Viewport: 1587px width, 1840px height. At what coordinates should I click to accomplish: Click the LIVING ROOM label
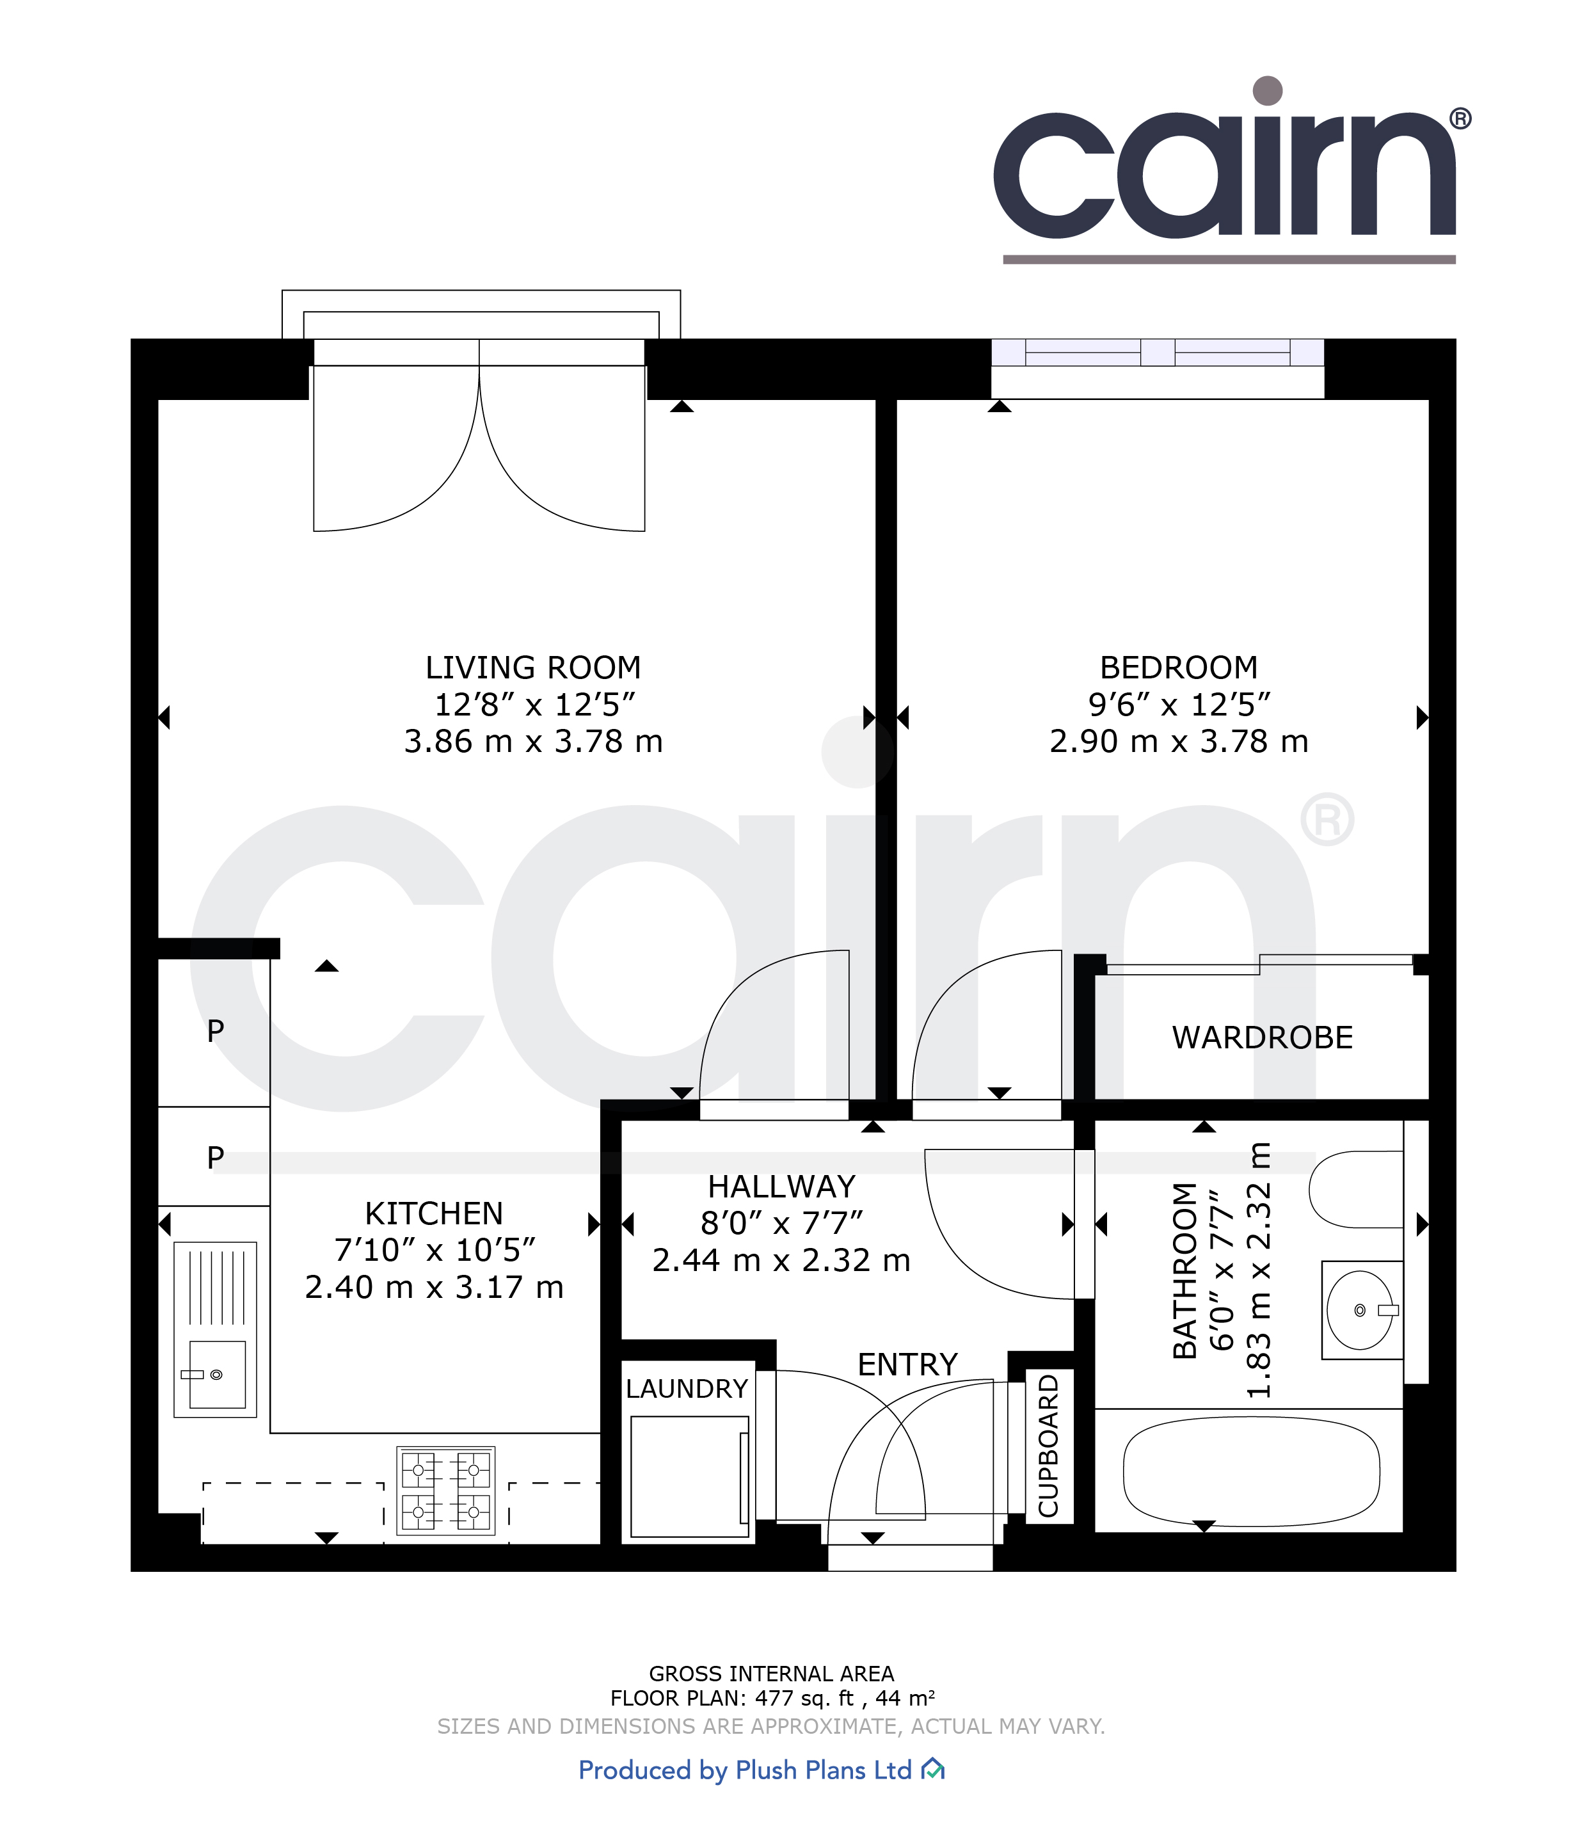coord(533,667)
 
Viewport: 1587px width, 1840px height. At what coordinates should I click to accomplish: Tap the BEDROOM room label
coord(1179,667)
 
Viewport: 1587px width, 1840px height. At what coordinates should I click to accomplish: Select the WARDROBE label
coord(1262,1037)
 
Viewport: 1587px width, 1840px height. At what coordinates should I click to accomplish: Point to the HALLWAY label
coord(781,1187)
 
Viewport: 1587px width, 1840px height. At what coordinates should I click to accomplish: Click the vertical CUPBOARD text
coord(1049,1446)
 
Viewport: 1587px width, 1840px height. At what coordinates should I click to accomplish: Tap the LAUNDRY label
coord(687,1389)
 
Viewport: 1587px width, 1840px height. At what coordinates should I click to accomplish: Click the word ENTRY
coord(907,1364)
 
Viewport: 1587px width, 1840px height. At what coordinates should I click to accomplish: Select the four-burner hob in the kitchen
coord(446,1491)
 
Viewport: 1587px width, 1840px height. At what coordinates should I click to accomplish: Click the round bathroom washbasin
coord(1360,1310)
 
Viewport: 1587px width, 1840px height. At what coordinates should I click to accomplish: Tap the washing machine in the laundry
coord(690,1476)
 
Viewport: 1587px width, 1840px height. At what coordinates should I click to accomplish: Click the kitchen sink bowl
coord(217,1375)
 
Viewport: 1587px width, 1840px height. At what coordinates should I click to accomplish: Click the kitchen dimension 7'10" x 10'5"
coord(435,1249)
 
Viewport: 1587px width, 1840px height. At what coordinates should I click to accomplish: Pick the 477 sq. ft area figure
coord(804,1699)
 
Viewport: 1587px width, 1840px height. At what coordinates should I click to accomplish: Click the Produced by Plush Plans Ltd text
coord(745,1770)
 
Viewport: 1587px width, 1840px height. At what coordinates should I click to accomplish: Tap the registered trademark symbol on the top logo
coord(1460,119)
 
